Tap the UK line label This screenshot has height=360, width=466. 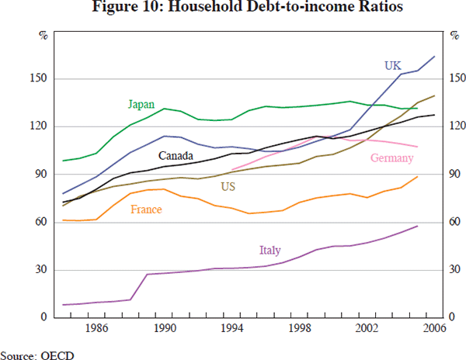click(393, 65)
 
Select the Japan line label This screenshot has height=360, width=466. click(141, 104)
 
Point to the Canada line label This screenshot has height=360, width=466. click(176, 155)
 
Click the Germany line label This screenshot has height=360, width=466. click(391, 158)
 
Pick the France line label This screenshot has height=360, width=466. click(146, 209)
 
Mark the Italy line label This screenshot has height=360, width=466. click(270, 250)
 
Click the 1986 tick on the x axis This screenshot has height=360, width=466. click(96, 329)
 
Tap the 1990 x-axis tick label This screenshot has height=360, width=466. click(163, 329)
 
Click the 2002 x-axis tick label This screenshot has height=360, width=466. click(367, 329)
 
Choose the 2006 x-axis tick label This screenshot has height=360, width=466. click(433, 329)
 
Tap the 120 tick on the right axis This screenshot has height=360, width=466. click(458, 127)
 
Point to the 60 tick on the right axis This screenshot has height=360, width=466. click(456, 223)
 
